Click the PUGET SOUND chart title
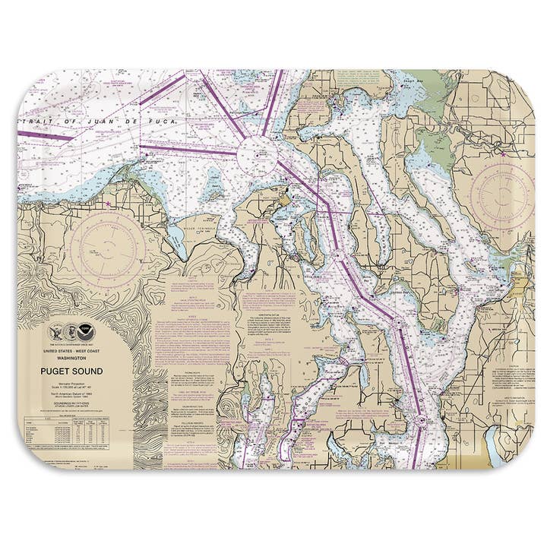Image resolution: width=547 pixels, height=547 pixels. (x=72, y=371)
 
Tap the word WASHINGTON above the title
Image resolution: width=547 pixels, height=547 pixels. (x=72, y=358)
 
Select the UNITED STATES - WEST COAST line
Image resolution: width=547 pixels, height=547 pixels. (x=72, y=352)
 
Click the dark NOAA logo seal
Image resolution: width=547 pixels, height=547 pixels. (x=89, y=332)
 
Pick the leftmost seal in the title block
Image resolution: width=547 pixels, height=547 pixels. (x=55, y=332)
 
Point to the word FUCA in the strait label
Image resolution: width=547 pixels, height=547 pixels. (x=162, y=121)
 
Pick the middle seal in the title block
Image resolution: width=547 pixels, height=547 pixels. (x=72, y=332)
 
